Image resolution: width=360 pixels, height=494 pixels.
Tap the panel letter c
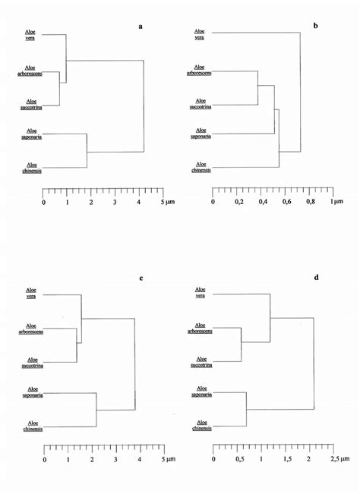141,278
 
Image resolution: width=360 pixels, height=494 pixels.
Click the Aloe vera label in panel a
32,36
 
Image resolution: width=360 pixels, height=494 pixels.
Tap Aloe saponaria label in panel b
200,136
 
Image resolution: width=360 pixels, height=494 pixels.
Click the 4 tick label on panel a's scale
138,203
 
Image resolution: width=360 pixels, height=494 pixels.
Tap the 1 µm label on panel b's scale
336,203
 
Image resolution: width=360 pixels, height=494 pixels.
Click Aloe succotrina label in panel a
32,103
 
